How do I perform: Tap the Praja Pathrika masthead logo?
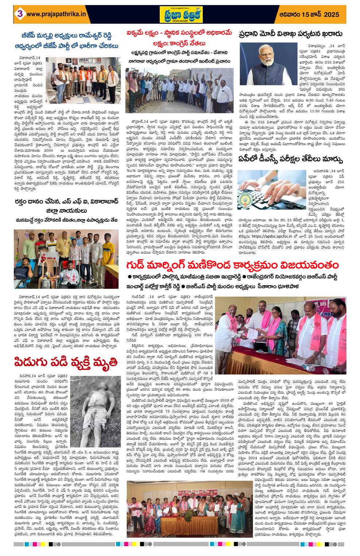tap(179, 15)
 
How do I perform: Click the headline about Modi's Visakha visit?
tap(291, 34)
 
